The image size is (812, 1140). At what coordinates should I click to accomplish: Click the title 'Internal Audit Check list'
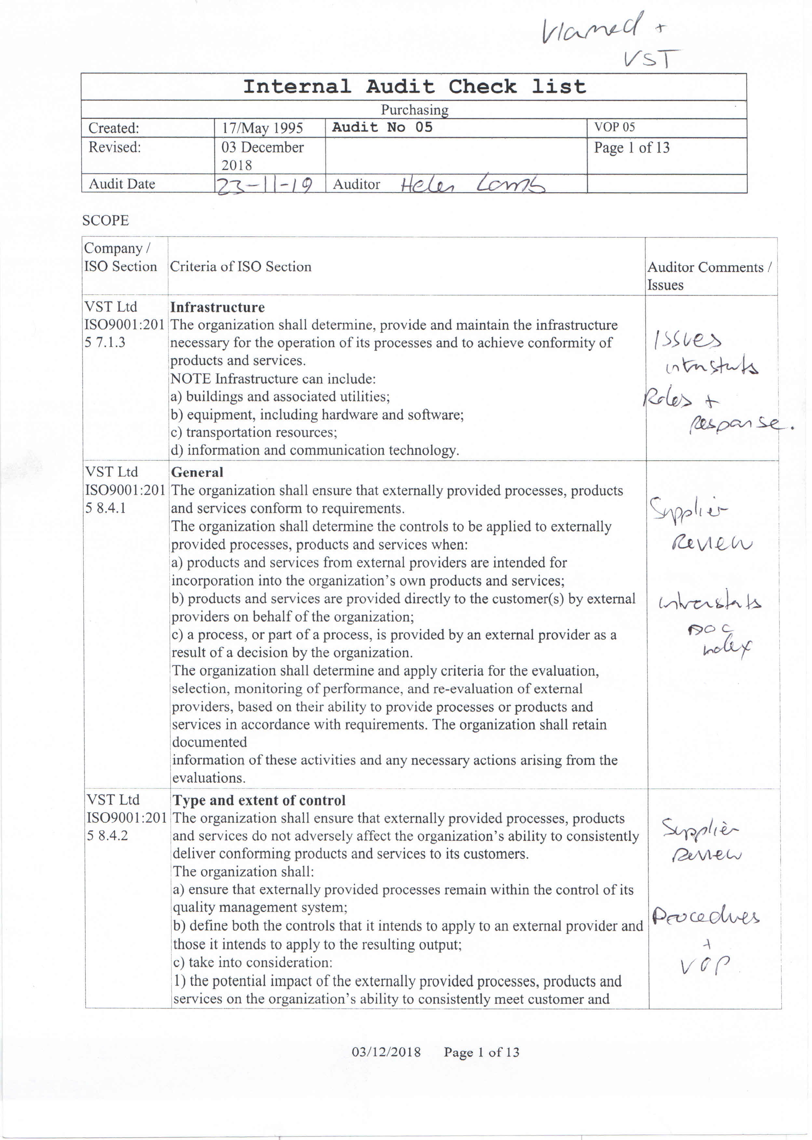pos(414,87)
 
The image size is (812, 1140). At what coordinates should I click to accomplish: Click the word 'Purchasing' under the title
pos(414,110)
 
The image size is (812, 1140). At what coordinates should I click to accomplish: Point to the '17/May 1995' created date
pos(263,128)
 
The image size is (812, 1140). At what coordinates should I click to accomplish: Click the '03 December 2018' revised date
pos(263,156)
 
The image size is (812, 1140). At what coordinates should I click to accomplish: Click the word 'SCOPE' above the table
pos(105,221)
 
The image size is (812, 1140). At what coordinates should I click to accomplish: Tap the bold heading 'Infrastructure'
pos(218,307)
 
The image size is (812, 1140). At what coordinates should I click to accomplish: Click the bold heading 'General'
pos(197,472)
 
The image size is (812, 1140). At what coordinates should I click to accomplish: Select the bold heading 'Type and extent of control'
pos(259,800)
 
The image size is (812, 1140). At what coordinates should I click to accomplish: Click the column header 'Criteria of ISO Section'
pos(240,266)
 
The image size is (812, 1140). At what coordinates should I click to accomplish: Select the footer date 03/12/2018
pos(386,1052)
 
